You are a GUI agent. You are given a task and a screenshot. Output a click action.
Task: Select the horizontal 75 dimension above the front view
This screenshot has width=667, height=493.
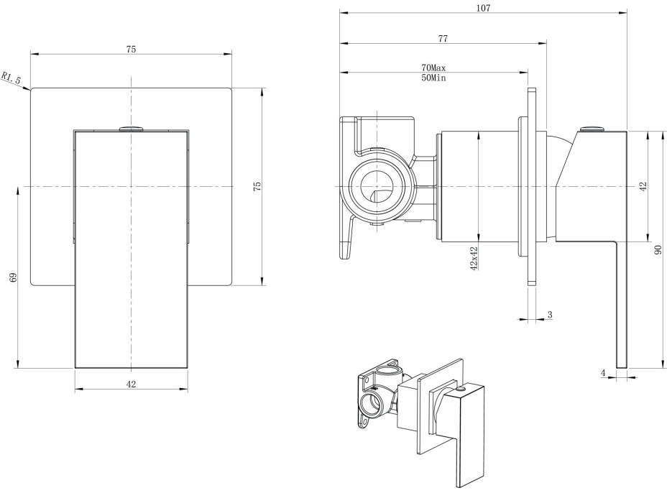point(131,49)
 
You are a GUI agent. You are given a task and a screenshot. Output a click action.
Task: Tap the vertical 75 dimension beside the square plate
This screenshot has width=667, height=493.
point(257,186)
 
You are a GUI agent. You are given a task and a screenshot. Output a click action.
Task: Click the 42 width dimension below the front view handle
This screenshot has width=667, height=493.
point(131,384)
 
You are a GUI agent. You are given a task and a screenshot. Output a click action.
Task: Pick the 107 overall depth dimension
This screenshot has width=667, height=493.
point(483,8)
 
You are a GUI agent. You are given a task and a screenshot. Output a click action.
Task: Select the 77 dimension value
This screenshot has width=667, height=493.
point(443,37)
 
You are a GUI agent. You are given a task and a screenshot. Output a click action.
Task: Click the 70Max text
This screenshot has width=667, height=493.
point(434,68)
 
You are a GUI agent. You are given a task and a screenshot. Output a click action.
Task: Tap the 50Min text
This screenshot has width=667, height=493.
point(434,77)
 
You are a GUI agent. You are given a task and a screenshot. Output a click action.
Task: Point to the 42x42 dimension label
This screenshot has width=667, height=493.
point(474,259)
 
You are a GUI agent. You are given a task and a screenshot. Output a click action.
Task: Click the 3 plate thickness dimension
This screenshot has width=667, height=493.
point(549,315)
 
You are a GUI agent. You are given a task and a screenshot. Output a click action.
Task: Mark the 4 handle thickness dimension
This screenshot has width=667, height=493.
point(604,372)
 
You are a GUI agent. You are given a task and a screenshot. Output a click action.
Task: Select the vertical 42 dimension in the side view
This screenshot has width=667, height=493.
point(644,185)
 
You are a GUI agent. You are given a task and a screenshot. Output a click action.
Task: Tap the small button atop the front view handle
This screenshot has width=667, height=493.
point(131,128)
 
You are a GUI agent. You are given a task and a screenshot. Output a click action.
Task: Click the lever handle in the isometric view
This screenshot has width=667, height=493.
point(467,431)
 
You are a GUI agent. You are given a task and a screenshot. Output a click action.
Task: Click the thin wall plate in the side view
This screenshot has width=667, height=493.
point(532,186)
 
